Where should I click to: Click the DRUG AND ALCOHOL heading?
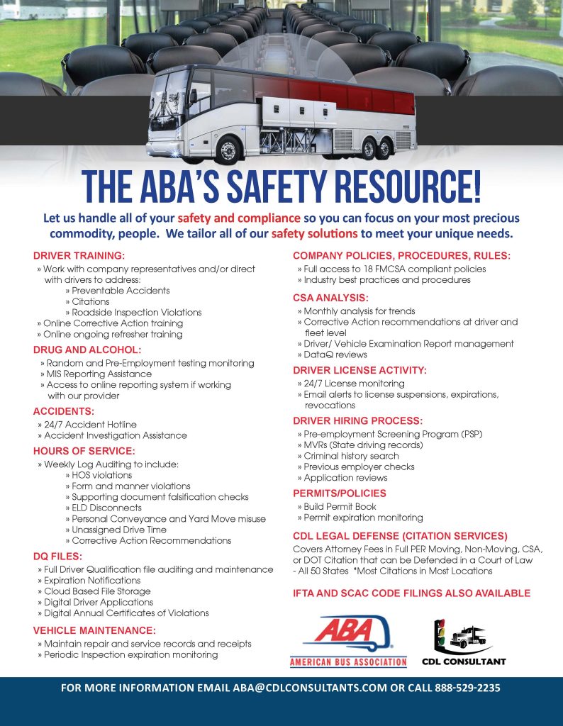click(x=87, y=350)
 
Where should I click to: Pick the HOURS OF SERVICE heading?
click(x=84, y=450)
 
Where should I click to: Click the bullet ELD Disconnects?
click(x=106, y=508)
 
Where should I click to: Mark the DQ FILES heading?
click(x=58, y=556)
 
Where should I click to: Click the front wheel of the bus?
click(x=228, y=150)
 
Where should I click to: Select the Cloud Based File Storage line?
click(x=97, y=591)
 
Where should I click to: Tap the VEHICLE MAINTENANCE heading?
click(x=94, y=630)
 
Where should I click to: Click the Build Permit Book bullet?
click(x=340, y=506)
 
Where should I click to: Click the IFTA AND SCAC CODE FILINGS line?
click(x=411, y=593)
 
